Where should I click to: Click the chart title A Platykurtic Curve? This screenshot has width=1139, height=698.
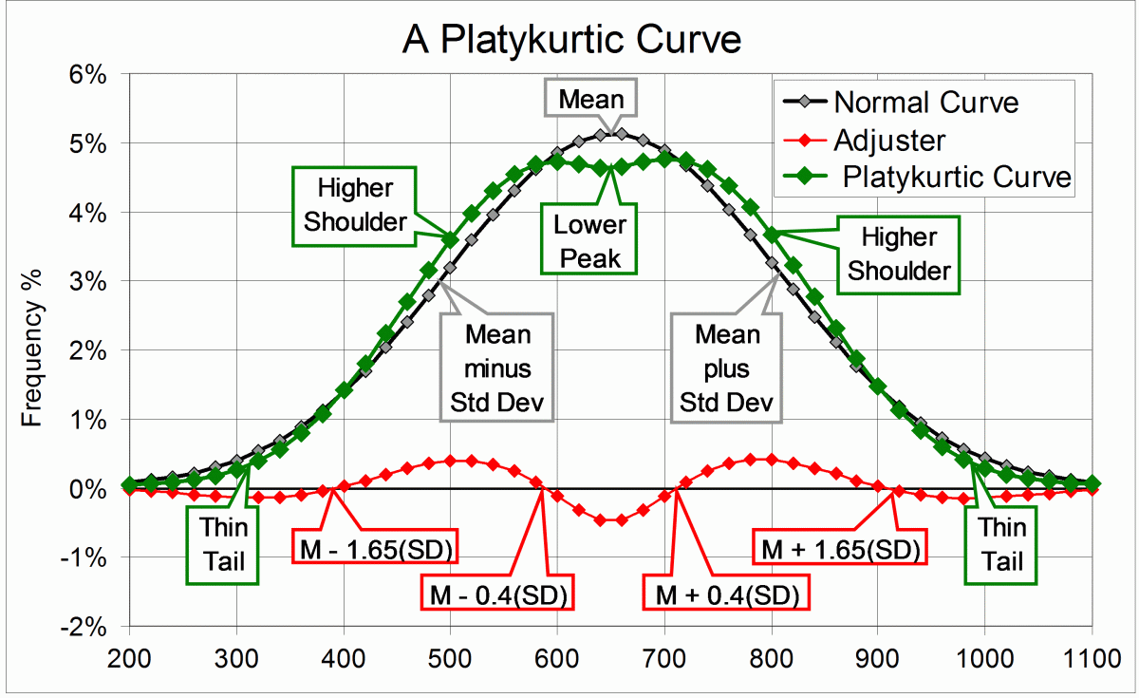(x=570, y=39)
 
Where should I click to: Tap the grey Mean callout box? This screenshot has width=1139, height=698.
(x=591, y=99)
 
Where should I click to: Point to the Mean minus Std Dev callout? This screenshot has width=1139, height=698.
(x=498, y=369)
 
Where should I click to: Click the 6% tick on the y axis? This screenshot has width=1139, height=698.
(x=95, y=74)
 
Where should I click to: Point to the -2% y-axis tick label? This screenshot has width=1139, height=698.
(x=91, y=627)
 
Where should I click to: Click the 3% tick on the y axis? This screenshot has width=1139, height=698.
(x=95, y=282)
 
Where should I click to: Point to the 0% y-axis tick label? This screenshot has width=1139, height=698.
(x=95, y=489)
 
